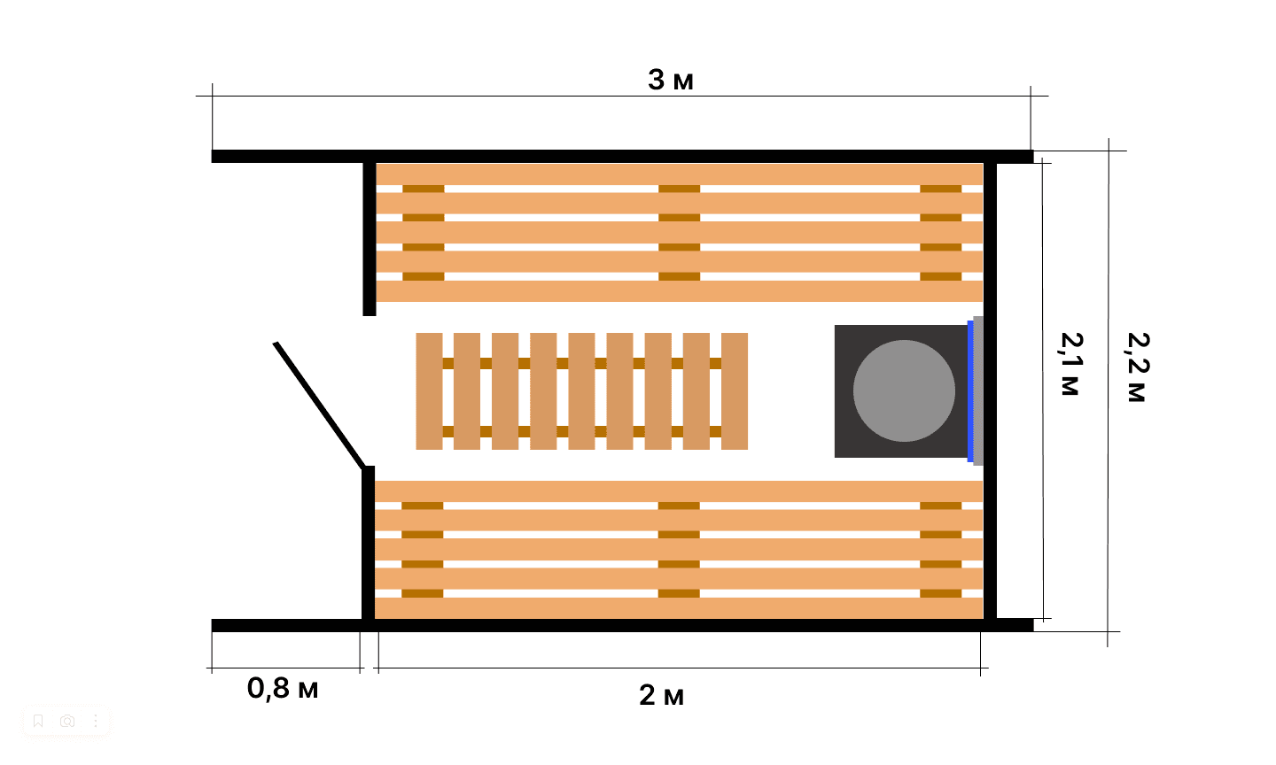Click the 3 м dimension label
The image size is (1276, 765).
coord(671,81)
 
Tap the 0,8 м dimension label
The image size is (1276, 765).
coord(283,689)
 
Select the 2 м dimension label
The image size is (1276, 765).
coord(661,696)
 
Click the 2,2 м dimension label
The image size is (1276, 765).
coord(1137,367)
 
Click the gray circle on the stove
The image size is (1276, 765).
coord(904,391)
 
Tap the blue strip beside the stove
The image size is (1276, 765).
coord(970,391)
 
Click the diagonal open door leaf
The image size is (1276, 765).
coord(320,406)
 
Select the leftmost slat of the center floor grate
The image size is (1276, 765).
coord(429,391)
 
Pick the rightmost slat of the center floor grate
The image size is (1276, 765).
coord(735,391)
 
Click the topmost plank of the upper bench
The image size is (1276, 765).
coord(679,174)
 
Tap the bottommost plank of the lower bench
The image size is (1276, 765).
coord(679,608)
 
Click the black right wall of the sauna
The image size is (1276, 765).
coord(990,391)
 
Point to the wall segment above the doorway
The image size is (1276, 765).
coord(370,239)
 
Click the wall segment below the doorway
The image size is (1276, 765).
coord(369,543)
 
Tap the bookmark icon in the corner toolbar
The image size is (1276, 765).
coord(38,721)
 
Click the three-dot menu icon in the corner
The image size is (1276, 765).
coord(96,721)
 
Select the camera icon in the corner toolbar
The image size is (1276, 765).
coord(67,721)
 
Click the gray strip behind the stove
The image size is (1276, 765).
coord(978,391)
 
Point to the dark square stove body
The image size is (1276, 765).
coord(901,391)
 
